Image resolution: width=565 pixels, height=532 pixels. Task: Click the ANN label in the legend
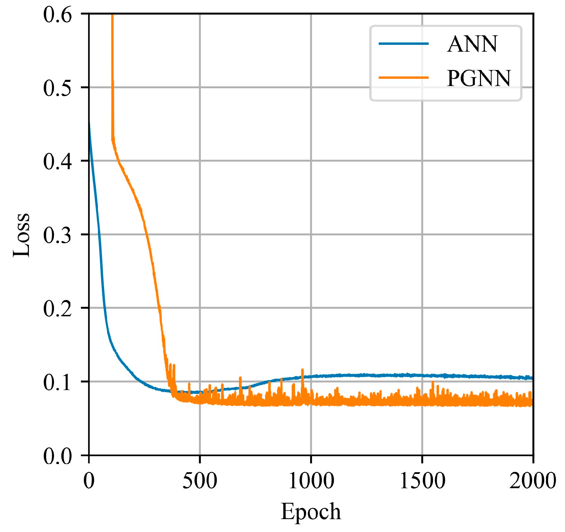pyautogui.click(x=472, y=44)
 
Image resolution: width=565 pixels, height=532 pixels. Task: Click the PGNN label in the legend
pyautogui.click(x=478, y=78)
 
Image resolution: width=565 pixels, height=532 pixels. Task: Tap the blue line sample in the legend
pyautogui.click(x=404, y=43)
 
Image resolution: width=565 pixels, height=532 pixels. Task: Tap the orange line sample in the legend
pyautogui.click(x=404, y=77)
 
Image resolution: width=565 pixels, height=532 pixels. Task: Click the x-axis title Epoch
pyautogui.click(x=310, y=511)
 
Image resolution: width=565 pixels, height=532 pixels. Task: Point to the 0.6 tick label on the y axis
pyautogui.click(x=57, y=15)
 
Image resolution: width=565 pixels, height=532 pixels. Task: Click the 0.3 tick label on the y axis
pyautogui.click(x=57, y=235)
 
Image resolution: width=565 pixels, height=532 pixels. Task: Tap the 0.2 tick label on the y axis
pyautogui.click(x=57, y=308)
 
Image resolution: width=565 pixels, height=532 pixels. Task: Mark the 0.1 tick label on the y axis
pyautogui.click(x=57, y=382)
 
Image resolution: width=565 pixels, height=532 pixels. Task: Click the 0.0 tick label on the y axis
pyautogui.click(x=57, y=456)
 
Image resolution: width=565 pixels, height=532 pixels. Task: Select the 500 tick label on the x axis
pyautogui.click(x=200, y=481)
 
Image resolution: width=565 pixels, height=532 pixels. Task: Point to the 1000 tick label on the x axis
pyautogui.click(x=311, y=481)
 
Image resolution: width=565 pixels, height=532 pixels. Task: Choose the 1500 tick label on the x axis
pyautogui.click(x=422, y=481)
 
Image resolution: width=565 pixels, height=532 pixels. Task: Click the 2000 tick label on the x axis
pyautogui.click(x=532, y=481)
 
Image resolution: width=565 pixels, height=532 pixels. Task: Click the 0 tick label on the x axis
pyautogui.click(x=89, y=481)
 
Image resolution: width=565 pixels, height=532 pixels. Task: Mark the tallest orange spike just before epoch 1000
pyautogui.click(x=302, y=370)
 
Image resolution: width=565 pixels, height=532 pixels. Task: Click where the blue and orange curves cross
pyautogui.click(x=173, y=392)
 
